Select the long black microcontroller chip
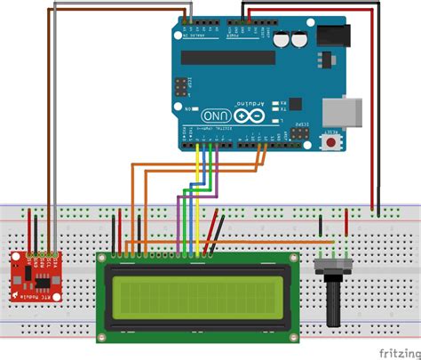[228, 58]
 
